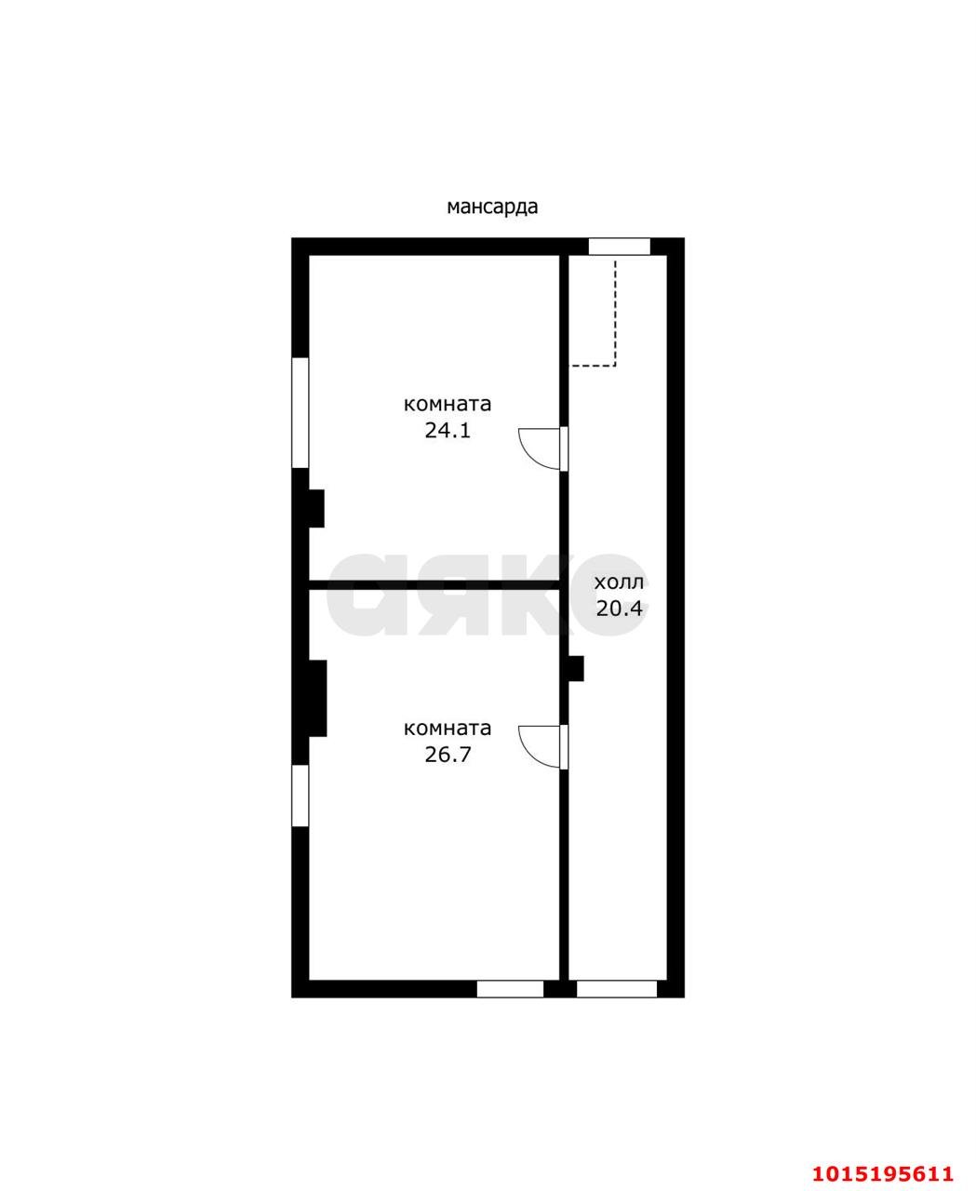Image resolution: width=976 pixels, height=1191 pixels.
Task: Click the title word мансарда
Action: pyautogui.click(x=492, y=207)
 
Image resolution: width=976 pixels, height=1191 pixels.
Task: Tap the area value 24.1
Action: pyautogui.click(x=448, y=431)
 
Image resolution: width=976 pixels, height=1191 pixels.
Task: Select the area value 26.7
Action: pyautogui.click(x=448, y=755)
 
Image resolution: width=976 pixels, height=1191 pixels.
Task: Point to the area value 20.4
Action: pyautogui.click(x=619, y=609)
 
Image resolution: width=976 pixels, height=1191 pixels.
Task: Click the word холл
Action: pyautogui.click(x=619, y=582)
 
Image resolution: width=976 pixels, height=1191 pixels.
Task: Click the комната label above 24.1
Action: pyautogui.click(x=448, y=405)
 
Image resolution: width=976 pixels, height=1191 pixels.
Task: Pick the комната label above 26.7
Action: pyautogui.click(x=448, y=729)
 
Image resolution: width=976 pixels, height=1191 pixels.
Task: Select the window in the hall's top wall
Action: pyautogui.click(x=619, y=247)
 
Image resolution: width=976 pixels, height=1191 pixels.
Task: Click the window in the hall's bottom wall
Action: pyautogui.click(x=616, y=989)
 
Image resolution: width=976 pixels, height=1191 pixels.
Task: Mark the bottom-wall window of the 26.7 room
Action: pyautogui.click(x=510, y=989)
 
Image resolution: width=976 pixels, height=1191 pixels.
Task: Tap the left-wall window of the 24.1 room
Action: pyautogui.click(x=300, y=413)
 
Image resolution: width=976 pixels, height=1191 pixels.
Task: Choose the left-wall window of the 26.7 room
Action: pyautogui.click(x=300, y=796)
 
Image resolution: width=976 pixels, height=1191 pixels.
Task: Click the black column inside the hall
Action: pyautogui.click(x=576, y=668)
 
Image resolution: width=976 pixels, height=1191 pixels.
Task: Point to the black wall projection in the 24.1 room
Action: pyautogui.click(x=316, y=508)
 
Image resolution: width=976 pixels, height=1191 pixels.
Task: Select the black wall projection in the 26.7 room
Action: pyautogui.click(x=317, y=698)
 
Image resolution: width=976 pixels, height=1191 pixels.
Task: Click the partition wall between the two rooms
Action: pyautogui.click(x=434, y=585)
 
